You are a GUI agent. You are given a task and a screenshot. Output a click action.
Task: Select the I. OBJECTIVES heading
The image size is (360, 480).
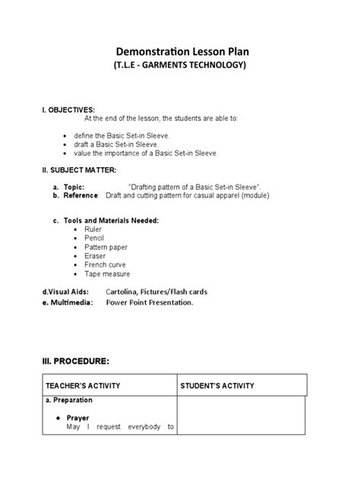[x=68, y=110]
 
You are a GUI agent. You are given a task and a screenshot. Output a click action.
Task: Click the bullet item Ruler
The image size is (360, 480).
[x=93, y=229]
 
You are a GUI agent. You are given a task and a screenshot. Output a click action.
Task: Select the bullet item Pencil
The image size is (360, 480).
[x=95, y=238]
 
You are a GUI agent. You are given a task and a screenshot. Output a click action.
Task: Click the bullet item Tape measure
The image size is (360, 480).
[x=107, y=274]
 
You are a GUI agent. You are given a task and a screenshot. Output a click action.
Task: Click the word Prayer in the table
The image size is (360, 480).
[x=78, y=418]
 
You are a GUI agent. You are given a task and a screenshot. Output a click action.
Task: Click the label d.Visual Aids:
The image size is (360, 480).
[x=65, y=291]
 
